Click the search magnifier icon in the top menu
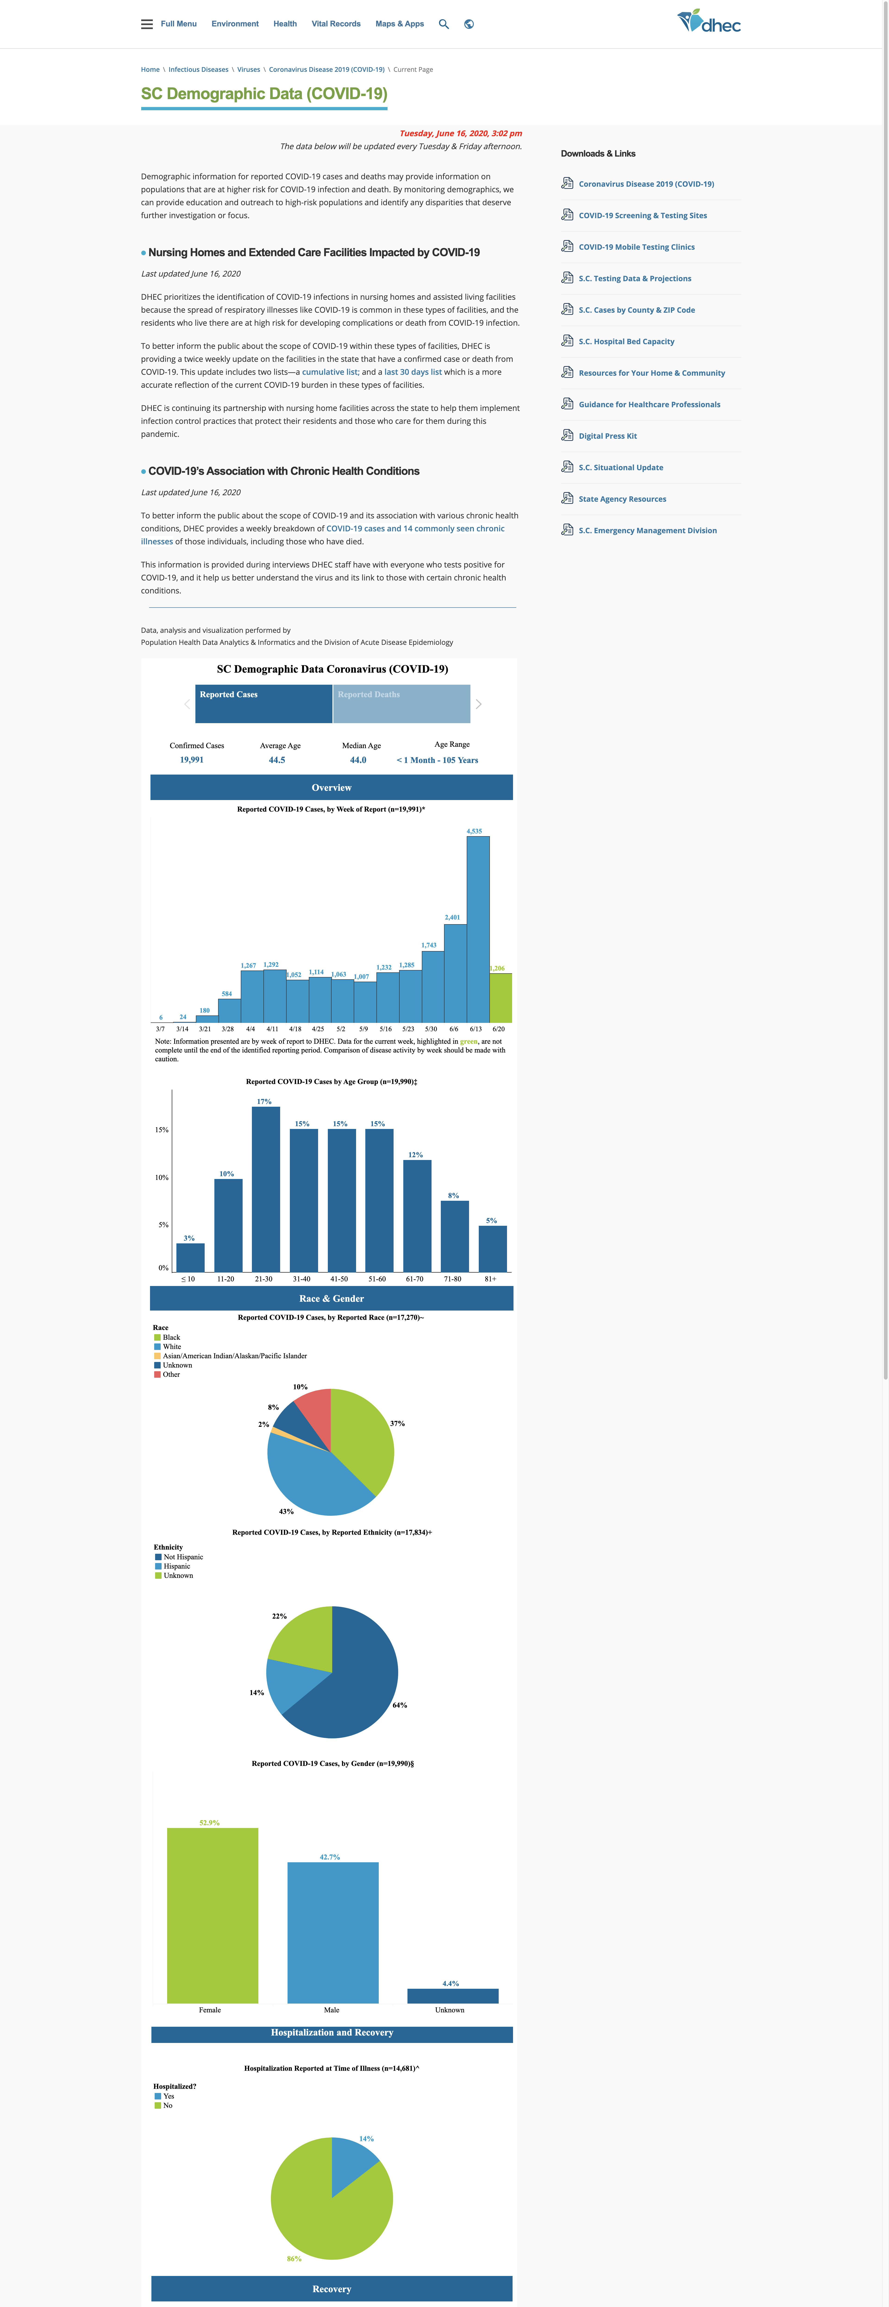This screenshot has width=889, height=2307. tap(443, 24)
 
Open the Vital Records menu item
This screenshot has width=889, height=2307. tap(336, 24)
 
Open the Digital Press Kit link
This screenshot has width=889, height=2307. tap(608, 436)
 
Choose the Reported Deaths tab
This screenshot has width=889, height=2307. tap(401, 704)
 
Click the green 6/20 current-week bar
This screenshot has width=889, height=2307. tap(501, 998)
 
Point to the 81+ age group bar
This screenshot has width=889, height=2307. tap(492, 1248)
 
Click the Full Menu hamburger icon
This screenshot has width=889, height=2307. tap(147, 24)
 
